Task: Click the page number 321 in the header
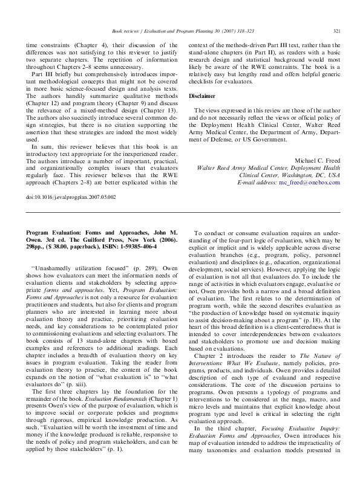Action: pos(337,31)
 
